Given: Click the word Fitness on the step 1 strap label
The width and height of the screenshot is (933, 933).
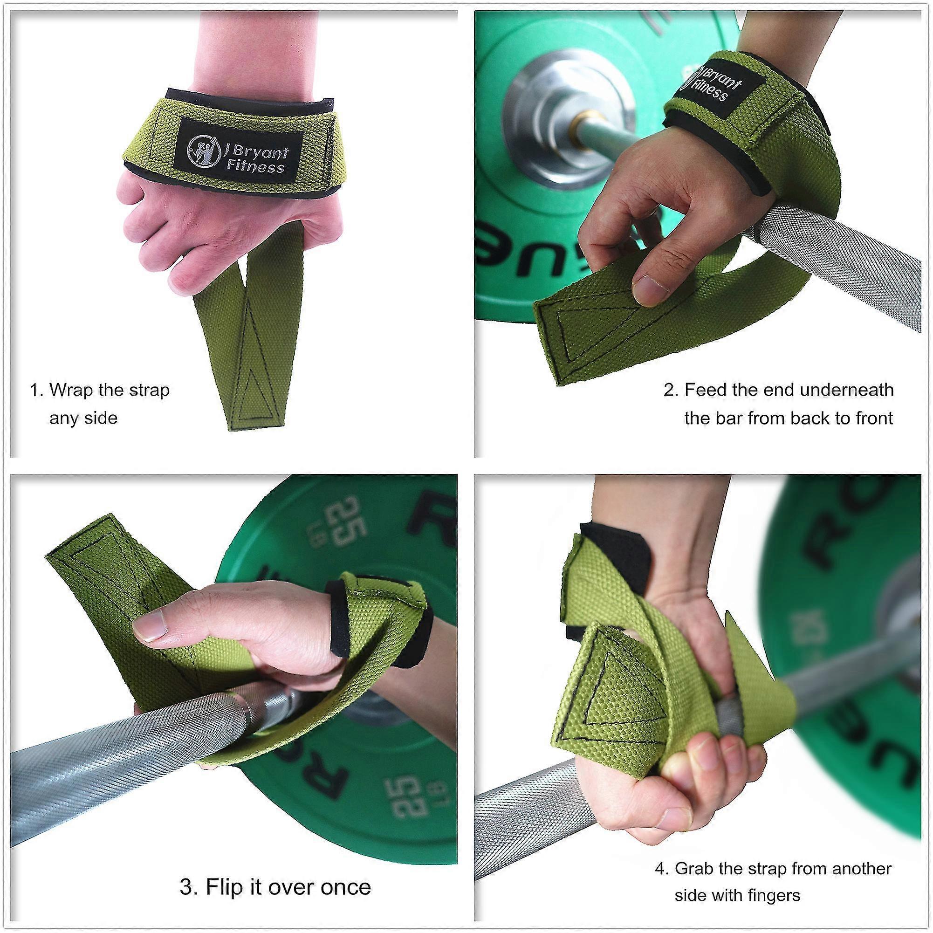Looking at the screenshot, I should (255, 167).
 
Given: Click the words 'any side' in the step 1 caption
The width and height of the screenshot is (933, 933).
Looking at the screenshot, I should (83, 418).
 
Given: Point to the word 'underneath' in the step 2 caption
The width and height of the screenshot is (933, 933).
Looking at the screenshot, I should (847, 390).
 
